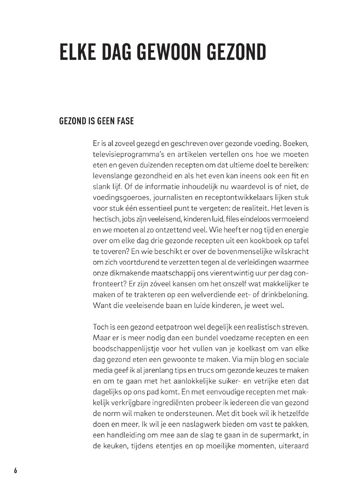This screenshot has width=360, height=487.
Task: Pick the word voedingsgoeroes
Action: tap(118, 198)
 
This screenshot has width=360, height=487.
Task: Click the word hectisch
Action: tap(105, 219)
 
